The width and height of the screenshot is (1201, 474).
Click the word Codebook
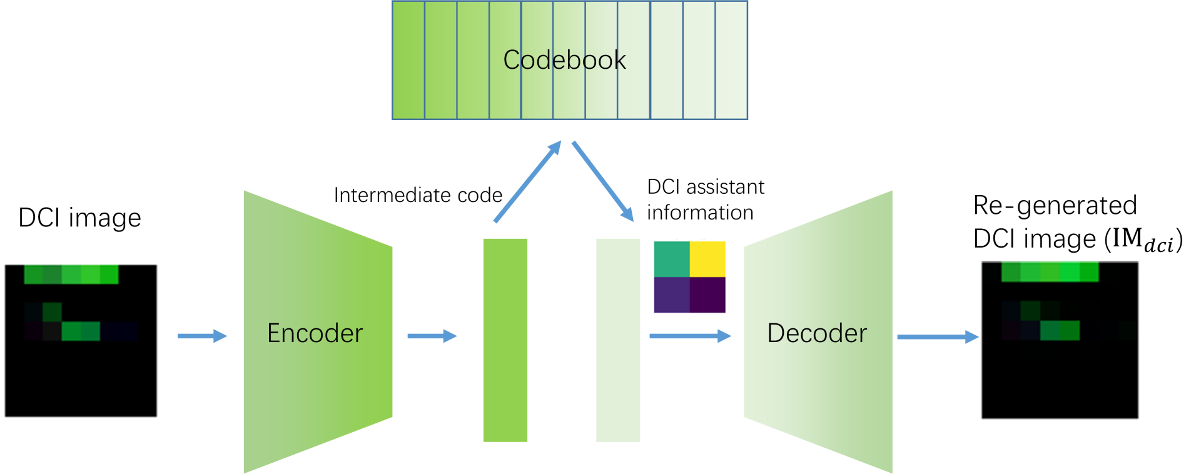tap(564, 60)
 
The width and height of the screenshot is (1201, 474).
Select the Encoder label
tap(315, 333)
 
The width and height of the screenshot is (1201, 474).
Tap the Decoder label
tap(817, 333)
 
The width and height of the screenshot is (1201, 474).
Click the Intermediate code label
tap(418, 195)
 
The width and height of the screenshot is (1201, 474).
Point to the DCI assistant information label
tap(705, 199)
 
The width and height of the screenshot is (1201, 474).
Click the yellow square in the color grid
tap(707, 259)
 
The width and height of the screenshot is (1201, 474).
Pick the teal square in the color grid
tap(672, 259)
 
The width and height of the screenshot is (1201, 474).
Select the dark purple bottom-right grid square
tap(707, 295)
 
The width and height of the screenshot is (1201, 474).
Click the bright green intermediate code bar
tap(505, 340)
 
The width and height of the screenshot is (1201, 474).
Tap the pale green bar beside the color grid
tap(618, 340)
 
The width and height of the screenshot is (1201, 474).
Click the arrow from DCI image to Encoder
tap(201, 336)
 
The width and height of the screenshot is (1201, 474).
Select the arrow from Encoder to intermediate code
tap(432, 336)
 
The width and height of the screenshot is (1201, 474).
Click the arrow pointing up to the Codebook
tap(527, 181)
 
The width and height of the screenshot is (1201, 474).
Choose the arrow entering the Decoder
tap(690, 336)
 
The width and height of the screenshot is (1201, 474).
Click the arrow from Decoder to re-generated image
tap(937, 337)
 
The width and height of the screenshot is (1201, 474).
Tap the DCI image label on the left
tap(79, 218)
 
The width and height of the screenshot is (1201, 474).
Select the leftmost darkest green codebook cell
tap(408, 60)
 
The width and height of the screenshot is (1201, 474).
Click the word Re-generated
tap(1055, 205)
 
